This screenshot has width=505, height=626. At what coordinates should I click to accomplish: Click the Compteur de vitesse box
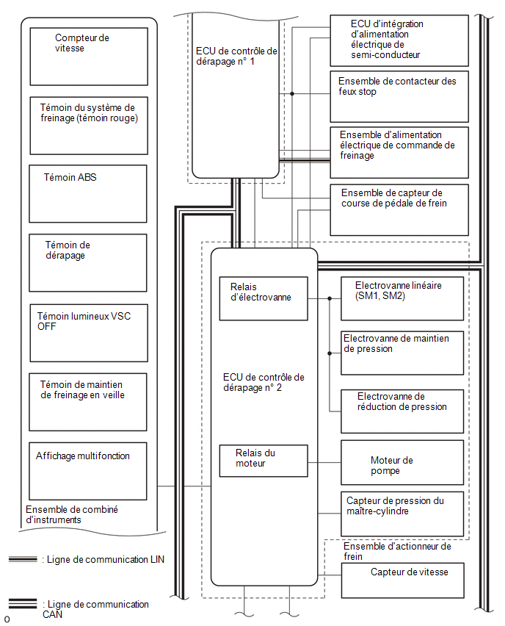click(x=89, y=57)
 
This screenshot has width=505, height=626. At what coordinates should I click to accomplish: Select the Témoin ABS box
click(x=88, y=194)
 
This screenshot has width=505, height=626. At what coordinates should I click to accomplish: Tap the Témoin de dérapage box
click(x=88, y=263)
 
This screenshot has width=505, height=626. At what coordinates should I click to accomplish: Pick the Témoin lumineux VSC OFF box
click(x=89, y=333)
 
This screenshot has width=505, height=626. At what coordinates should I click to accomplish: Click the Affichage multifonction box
click(x=88, y=471)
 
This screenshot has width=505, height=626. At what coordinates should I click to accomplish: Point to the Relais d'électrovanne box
click(x=264, y=298)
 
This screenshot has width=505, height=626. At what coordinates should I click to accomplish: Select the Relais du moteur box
click(x=264, y=461)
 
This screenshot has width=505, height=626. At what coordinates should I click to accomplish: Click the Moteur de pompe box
click(x=402, y=463)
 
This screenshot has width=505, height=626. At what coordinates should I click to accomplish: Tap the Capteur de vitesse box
click(x=403, y=580)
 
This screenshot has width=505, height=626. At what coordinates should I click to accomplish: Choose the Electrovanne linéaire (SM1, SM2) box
click(x=402, y=298)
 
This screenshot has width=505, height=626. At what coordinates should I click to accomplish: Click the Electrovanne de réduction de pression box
click(x=402, y=411)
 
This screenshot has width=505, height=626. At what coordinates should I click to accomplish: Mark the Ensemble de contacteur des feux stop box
click(x=399, y=96)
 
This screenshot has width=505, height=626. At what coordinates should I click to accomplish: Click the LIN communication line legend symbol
click(x=23, y=559)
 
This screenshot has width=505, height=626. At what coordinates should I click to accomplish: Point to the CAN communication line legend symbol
click(x=23, y=604)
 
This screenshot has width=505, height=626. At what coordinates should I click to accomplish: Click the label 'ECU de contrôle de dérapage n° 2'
click(x=264, y=383)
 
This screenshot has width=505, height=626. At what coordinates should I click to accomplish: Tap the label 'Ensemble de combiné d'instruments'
click(x=72, y=514)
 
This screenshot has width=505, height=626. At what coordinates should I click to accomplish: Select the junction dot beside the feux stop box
click(x=292, y=94)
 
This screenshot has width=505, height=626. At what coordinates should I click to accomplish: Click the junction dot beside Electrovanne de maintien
click(x=330, y=353)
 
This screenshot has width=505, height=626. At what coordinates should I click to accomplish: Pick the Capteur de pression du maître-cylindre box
click(x=402, y=514)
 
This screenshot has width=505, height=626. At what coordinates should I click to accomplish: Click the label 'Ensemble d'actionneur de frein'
click(x=397, y=551)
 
